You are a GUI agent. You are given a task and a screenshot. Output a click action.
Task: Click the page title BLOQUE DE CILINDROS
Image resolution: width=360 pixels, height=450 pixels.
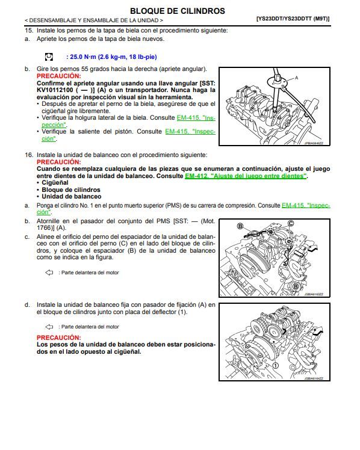tap(178, 11)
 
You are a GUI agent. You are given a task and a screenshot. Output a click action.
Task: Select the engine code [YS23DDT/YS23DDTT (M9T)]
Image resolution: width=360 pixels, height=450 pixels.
tap(293, 19)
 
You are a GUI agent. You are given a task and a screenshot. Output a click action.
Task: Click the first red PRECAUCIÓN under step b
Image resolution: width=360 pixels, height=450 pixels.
tap(58, 76)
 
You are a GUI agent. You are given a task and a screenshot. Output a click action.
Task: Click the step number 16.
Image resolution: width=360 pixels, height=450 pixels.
tap(28, 155)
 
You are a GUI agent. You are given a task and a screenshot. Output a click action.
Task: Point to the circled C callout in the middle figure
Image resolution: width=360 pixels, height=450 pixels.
tap(291, 223)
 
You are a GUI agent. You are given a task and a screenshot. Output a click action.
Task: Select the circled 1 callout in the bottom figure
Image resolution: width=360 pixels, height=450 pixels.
tap(275, 365)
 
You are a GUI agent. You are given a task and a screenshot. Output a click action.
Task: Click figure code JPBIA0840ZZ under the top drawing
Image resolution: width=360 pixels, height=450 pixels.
tap(313, 144)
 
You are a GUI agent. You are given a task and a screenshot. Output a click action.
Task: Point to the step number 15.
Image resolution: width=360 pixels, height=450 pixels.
tap(28, 30)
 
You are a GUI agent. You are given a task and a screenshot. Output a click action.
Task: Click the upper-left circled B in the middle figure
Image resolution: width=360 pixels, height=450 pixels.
tap(240, 226)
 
